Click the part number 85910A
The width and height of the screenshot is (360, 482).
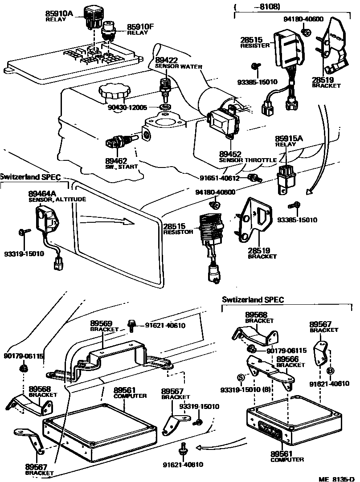click(x=59, y=14)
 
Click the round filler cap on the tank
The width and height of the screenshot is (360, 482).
click(x=113, y=93)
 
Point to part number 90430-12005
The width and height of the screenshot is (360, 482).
click(x=127, y=107)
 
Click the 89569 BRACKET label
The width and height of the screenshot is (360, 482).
click(x=101, y=326)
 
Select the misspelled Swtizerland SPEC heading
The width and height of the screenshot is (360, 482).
click(x=253, y=300)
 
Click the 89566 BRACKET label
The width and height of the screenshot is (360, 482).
click(x=290, y=361)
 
